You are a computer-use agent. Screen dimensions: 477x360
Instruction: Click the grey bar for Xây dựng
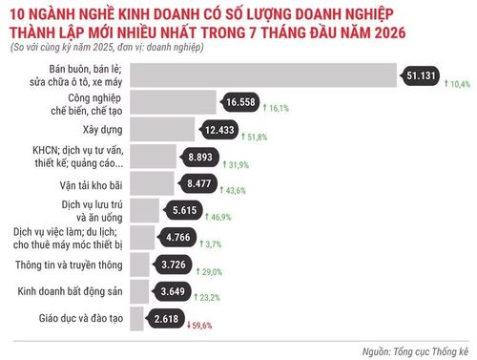click(162, 129)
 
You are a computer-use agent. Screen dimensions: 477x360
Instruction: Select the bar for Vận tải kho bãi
click(152, 183)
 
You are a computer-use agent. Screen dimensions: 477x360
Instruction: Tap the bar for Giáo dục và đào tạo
click(136, 319)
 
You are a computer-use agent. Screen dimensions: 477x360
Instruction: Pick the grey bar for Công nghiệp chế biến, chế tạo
click(173, 102)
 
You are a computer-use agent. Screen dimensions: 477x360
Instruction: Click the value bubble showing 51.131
click(421, 75)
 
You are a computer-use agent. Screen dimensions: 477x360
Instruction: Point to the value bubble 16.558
click(239, 102)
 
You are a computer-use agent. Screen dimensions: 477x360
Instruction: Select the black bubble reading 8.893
click(199, 157)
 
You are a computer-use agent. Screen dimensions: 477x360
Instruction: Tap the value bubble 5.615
click(184, 210)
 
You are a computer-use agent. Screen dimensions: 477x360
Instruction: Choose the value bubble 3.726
click(173, 265)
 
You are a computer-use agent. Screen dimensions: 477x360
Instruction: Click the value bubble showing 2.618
click(165, 319)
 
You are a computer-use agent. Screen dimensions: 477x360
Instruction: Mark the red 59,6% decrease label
click(199, 326)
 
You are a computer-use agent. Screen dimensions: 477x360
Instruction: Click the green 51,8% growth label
click(254, 138)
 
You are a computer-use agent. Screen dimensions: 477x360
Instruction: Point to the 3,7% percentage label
click(210, 244)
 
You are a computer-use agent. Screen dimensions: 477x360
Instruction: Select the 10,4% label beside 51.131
click(457, 84)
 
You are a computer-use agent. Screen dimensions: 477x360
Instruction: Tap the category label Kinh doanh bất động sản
click(70, 291)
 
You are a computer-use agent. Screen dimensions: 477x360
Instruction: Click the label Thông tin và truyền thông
click(69, 265)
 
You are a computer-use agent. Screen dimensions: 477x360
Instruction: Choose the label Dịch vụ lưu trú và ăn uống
click(92, 211)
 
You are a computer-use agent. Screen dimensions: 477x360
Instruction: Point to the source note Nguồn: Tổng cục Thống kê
click(415, 351)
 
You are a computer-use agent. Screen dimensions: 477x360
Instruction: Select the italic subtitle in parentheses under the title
click(107, 48)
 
